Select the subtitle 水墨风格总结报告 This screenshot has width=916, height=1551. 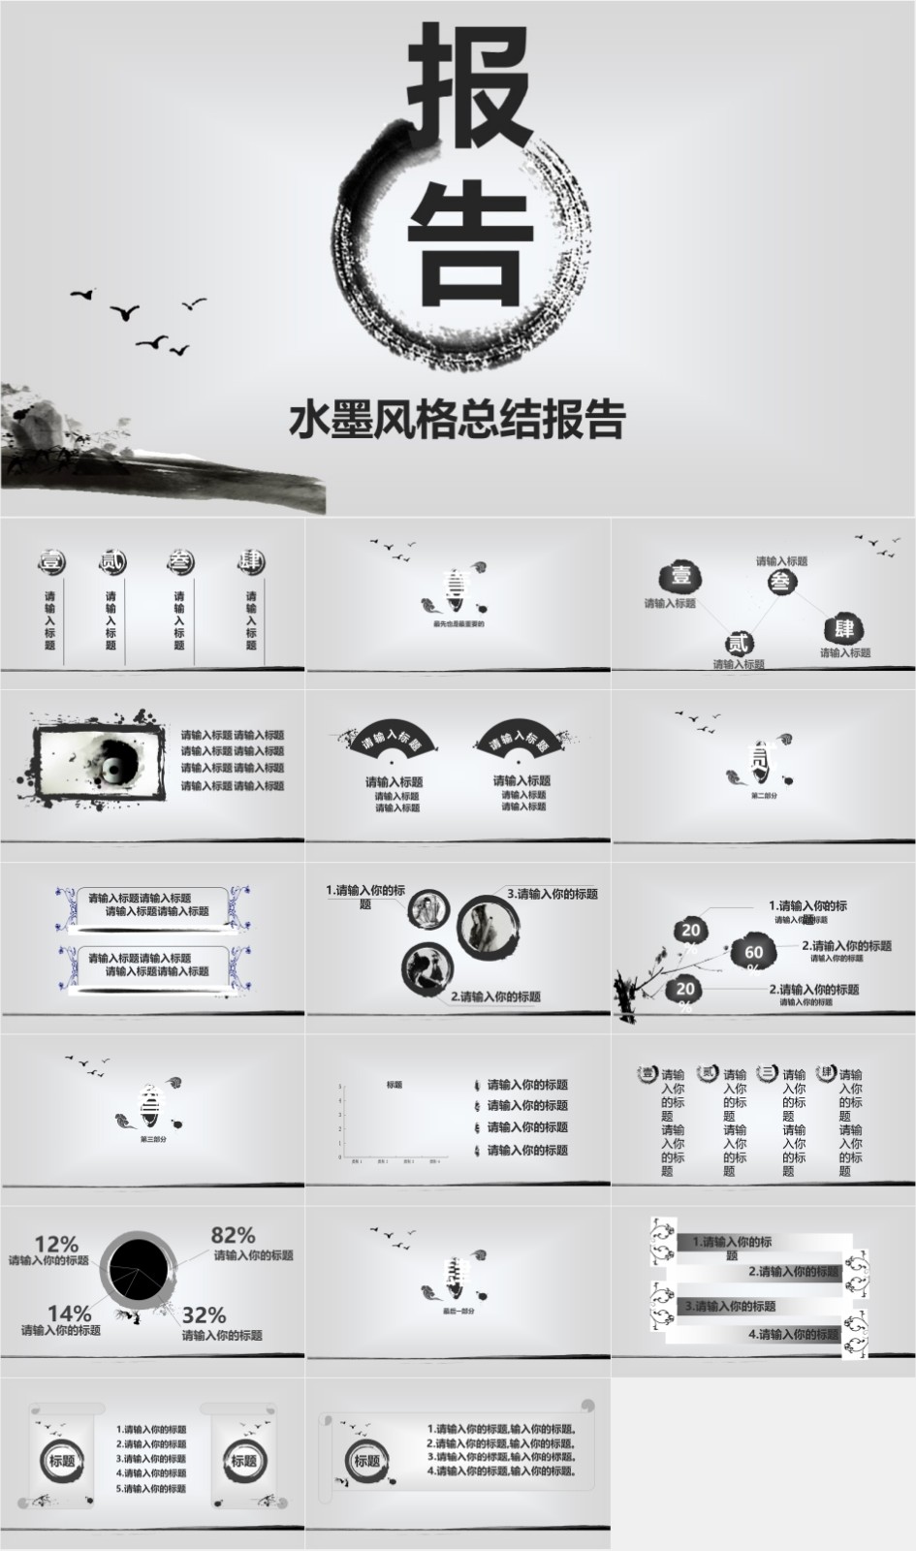pos(457,420)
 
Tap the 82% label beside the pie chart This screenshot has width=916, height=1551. pos(233,1235)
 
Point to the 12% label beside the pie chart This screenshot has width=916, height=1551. pos(56,1244)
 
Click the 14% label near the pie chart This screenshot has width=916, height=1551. pos(69,1314)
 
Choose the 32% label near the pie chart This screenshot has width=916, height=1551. pos(204,1315)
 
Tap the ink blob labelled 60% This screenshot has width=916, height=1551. pos(754,953)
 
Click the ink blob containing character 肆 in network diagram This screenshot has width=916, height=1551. pos(844,628)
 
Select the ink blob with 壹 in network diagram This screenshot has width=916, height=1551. pos(681,576)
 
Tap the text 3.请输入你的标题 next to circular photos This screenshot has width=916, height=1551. pos(553,894)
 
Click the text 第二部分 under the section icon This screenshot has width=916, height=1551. pos(764,795)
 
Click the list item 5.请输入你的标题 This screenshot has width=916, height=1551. pos(151,1488)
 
